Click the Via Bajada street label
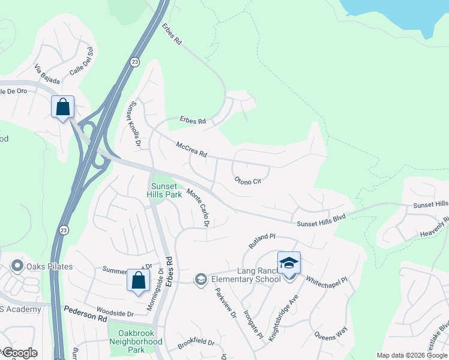pos(47,76)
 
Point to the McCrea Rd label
pos(191,150)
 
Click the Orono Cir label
pos(248,181)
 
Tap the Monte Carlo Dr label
pos(197,208)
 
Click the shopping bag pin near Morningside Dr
pos(138,280)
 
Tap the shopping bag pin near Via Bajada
pos(62,107)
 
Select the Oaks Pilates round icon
pos(17,266)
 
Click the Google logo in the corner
pos(19,353)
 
